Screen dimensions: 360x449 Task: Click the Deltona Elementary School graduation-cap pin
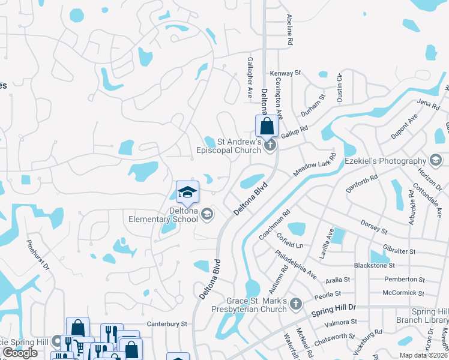187,193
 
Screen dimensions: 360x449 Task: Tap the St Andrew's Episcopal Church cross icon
270,145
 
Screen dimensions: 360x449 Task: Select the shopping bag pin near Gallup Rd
267,126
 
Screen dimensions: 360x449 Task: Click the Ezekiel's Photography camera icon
435,160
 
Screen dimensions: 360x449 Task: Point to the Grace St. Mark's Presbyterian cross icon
295,305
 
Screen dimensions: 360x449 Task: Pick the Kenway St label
285,73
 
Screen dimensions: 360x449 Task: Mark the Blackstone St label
374,265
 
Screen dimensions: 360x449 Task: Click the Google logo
20,353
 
